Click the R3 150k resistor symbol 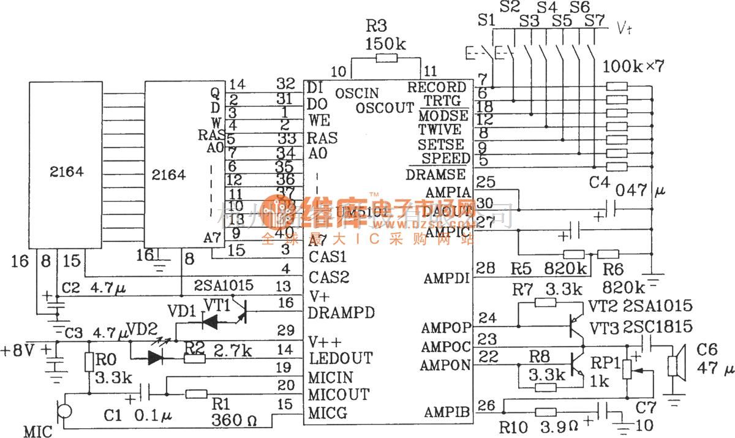[x=386, y=58]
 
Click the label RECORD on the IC [x=437, y=88]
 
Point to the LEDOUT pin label [x=339, y=357]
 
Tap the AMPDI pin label [x=447, y=279]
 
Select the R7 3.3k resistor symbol [x=546, y=301]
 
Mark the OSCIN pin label [x=357, y=94]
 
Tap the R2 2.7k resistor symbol [x=194, y=358]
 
